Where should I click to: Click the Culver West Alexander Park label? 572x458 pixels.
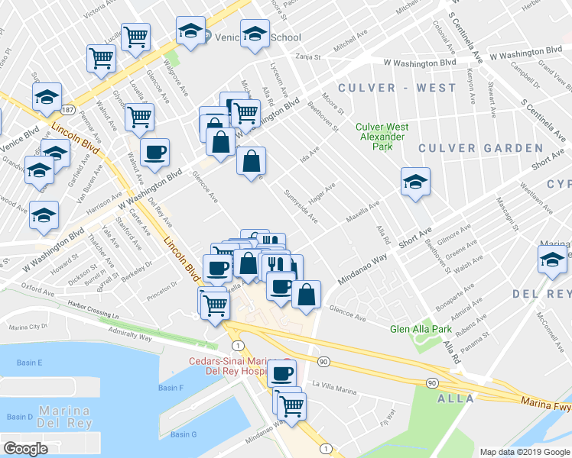382,138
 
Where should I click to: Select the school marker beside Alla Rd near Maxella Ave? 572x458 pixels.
415,182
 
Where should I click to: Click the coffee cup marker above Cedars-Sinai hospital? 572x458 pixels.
281,373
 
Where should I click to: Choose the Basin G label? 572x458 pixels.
184,434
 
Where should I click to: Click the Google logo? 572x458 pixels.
26,448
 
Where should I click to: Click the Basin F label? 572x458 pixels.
171,388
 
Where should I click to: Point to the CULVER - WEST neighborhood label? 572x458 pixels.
398,88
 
